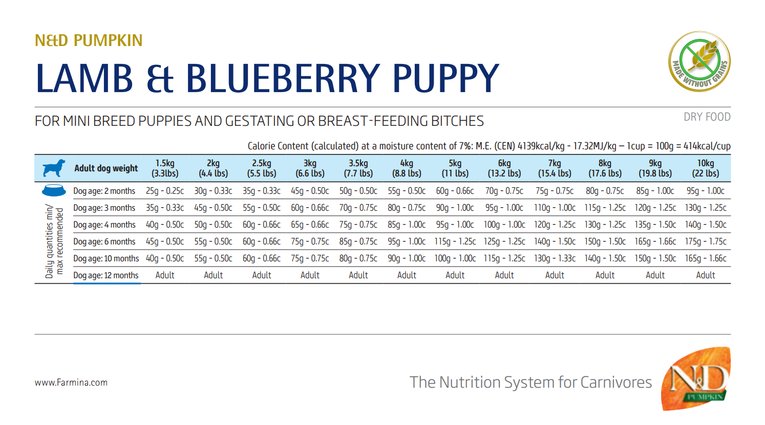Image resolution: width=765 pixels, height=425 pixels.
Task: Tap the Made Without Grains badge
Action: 699,61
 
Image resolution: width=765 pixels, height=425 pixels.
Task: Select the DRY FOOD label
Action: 707,117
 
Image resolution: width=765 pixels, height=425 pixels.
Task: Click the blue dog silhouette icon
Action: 54,168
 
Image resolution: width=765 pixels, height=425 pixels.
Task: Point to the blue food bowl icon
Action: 54,190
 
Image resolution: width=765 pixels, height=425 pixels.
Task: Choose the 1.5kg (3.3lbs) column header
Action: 165,168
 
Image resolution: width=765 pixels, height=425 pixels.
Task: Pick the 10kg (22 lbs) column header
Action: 705,168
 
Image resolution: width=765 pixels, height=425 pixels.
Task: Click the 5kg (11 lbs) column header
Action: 455,168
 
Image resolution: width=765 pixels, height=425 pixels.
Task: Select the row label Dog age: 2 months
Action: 104,191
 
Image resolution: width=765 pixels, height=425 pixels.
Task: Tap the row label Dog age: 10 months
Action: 106,258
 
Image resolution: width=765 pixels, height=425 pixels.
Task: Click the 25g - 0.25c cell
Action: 165,191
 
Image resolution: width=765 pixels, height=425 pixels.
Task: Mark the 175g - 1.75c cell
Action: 705,241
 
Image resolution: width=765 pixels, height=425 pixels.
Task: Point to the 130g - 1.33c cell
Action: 555,258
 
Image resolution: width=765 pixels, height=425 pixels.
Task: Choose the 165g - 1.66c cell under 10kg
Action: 705,258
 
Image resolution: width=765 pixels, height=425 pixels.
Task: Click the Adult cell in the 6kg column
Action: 504,275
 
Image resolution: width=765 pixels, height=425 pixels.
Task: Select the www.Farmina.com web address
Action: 71,383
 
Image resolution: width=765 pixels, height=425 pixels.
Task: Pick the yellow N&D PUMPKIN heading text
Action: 89,40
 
